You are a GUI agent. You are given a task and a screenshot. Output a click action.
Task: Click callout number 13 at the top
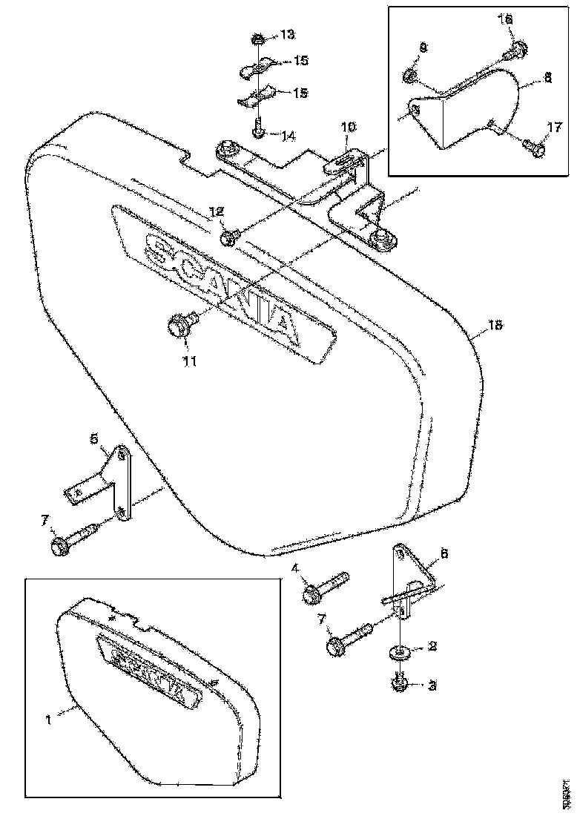(286, 35)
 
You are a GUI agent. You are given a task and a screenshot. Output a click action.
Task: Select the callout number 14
(287, 136)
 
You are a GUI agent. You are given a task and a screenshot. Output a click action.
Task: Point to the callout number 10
(349, 128)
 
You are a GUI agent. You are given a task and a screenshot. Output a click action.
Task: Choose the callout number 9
(422, 47)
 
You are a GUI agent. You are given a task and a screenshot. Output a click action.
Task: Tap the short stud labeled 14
(257, 131)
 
